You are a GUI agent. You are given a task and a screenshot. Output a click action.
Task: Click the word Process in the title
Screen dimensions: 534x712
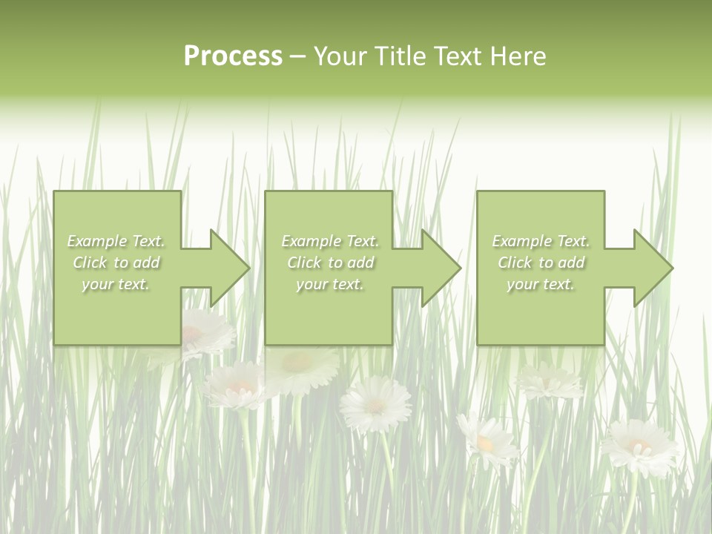[x=233, y=56]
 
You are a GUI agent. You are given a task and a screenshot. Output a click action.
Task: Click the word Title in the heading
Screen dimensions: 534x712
[x=397, y=56]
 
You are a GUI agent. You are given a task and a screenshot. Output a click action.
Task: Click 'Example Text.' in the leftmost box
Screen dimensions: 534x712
[x=116, y=241]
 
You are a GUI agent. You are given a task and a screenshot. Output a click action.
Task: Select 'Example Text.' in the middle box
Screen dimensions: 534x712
[x=329, y=241]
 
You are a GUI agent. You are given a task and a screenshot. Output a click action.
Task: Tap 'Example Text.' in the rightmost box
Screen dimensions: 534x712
[x=541, y=241]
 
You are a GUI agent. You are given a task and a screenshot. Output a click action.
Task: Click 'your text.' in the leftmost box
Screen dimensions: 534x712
[x=116, y=284]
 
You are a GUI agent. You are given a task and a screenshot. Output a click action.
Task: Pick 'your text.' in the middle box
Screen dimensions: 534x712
[x=329, y=284]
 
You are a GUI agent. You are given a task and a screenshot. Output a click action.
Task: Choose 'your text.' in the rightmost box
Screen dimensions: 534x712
[x=541, y=284]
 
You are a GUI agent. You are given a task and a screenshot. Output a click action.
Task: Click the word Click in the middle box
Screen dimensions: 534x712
[x=303, y=263]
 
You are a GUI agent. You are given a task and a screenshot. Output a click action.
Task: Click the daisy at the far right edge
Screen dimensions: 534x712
[x=639, y=446]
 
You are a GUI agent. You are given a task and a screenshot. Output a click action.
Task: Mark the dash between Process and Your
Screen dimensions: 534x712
[x=297, y=57]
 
